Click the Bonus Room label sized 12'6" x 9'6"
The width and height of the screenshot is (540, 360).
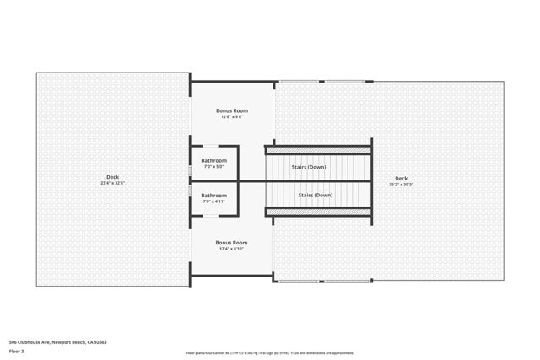[x=231, y=110]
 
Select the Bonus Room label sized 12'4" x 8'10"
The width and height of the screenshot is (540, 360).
[x=231, y=243]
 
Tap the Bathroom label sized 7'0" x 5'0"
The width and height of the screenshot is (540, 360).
[x=213, y=160]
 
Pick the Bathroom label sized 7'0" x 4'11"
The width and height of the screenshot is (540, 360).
[x=213, y=196]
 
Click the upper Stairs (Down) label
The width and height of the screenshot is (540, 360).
[x=309, y=167]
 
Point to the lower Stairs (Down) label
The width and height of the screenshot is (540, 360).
[x=316, y=195]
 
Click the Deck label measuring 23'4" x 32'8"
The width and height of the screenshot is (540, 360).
[x=112, y=177]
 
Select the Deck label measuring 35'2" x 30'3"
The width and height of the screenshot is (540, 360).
[x=401, y=179]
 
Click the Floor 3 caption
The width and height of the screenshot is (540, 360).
[x=17, y=351]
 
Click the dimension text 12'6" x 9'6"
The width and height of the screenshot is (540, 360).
[x=231, y=116]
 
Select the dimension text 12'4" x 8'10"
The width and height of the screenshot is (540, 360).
[x=231, y=249]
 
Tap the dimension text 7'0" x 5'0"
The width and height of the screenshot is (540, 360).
[x=213, y=166]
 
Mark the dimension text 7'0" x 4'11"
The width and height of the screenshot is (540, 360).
[x=213, y=201]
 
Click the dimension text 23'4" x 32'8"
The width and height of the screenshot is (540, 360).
[x=112, y=183]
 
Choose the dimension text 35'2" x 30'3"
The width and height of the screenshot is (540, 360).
[x=401, y=184]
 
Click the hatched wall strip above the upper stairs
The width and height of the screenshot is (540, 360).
[x=318, y=150]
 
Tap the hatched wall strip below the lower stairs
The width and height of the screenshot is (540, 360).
[x=318, y=211]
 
